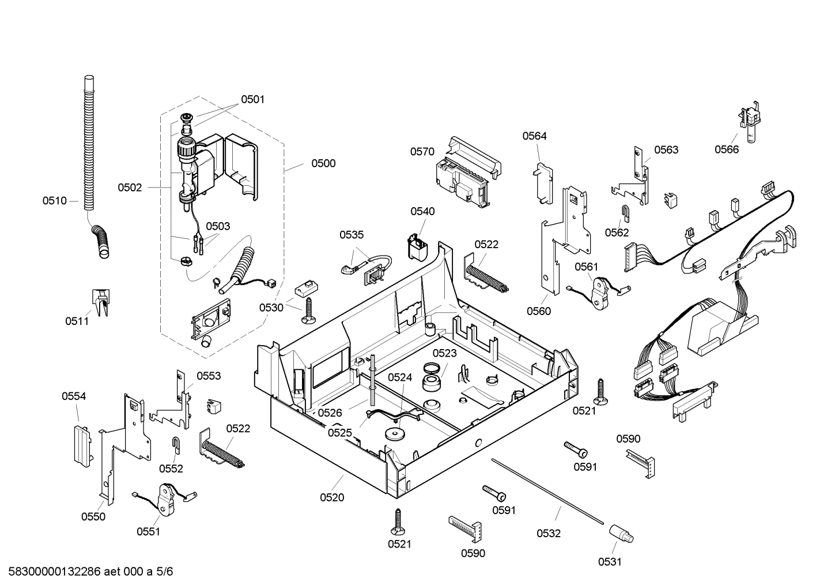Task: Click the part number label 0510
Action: (54, 201)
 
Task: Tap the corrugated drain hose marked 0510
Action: (88, 144)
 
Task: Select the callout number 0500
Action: (323, 163)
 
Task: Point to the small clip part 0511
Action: (100, 302)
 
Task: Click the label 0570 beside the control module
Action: (422, 152)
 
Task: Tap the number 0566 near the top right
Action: (727, 149)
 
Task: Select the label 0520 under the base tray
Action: (332, 497)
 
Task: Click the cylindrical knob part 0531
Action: (622, 533)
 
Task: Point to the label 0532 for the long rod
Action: (549, 534)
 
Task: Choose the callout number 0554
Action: (74, 396)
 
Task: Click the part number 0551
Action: (148, 532)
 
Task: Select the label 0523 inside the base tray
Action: (444, 353)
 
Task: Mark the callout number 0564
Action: (534, 136)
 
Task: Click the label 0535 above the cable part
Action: (352, 235)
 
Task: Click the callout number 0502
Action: (130, 188)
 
